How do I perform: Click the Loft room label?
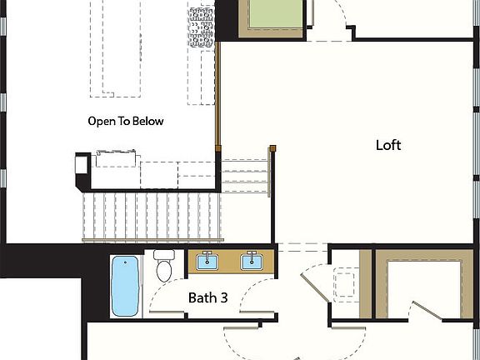coord(388,145)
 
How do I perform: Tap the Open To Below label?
coord(126,121)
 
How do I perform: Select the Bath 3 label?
coord(207,297)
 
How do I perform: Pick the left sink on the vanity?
coord(205,262)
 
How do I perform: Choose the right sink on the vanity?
coord(251,262)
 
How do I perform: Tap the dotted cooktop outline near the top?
coord(202,24)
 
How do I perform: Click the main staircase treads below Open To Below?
coord(150,215)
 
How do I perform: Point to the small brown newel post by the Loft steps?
coord(272,148)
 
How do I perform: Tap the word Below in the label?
coord(150,121)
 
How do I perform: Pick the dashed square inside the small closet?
coord(346,282)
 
